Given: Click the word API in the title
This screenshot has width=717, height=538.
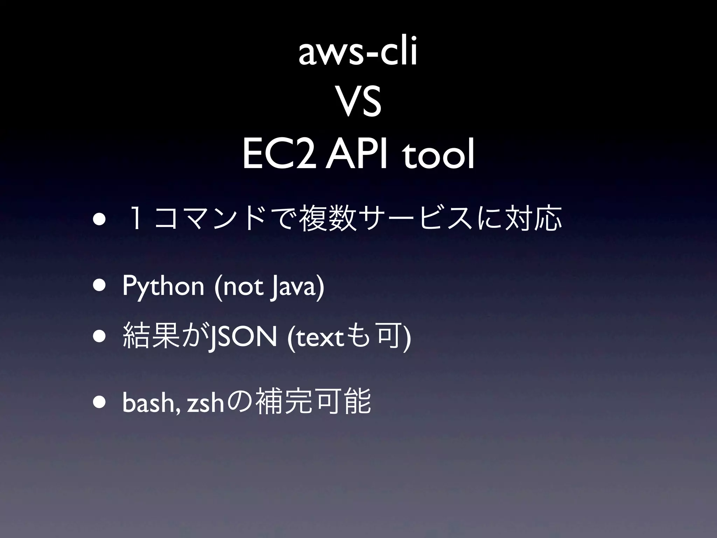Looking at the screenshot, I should click(356, 154).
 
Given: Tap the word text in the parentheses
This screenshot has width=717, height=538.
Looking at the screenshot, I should click(320, 339).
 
